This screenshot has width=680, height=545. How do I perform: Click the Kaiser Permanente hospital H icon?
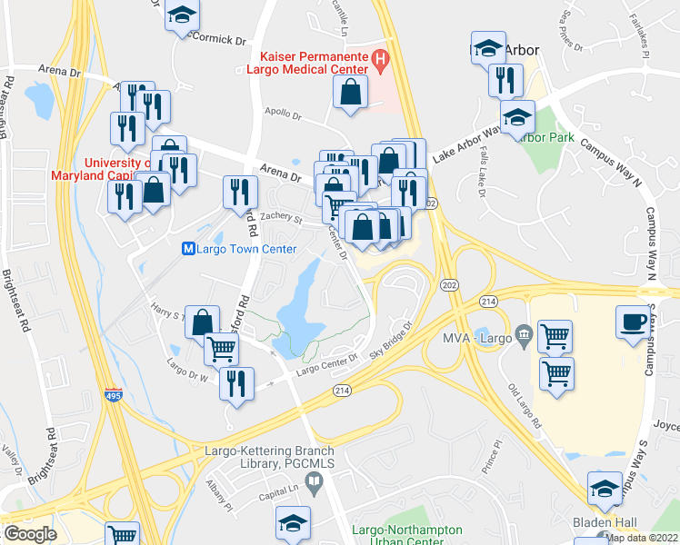click(381, 63)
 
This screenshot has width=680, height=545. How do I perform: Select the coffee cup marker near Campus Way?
click(633, 323)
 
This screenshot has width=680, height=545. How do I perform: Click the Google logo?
click(30, 534)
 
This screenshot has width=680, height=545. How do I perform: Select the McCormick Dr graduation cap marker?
click(182, 16)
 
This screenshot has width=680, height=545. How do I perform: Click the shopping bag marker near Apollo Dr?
click(350, 93)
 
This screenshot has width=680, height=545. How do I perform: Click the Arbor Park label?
click(544, 137)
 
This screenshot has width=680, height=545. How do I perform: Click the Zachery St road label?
click(279, 218)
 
